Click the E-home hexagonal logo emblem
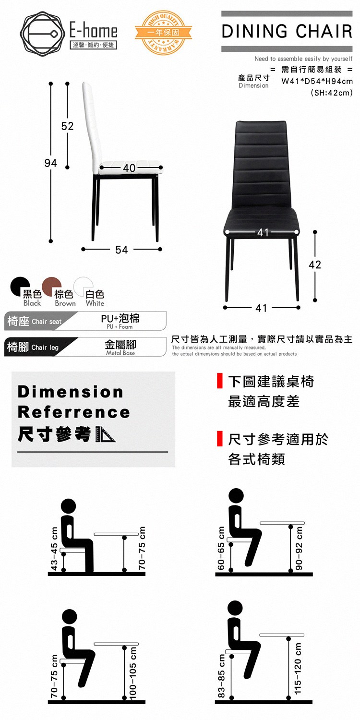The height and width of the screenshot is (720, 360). (40, 33)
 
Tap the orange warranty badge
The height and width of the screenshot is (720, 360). (163, 33)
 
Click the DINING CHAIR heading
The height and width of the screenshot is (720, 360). (287, 31)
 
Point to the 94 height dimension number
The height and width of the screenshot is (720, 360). (50, 163)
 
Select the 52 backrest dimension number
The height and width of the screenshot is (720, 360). (67, 126)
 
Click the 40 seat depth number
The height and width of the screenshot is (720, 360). (129, 168)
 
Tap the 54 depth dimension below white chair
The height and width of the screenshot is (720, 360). (121, 250)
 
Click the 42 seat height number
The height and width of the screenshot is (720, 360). (315, 264)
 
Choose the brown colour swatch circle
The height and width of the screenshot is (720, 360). (51, 286)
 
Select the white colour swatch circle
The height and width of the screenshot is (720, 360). (83, 286)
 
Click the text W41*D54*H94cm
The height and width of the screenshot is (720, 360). (317, 81)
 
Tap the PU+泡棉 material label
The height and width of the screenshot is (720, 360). (120, 318)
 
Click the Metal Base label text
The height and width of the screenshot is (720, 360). (120, 353)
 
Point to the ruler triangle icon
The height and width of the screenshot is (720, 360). (106, 434)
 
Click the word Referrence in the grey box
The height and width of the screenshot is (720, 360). (74, 412)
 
